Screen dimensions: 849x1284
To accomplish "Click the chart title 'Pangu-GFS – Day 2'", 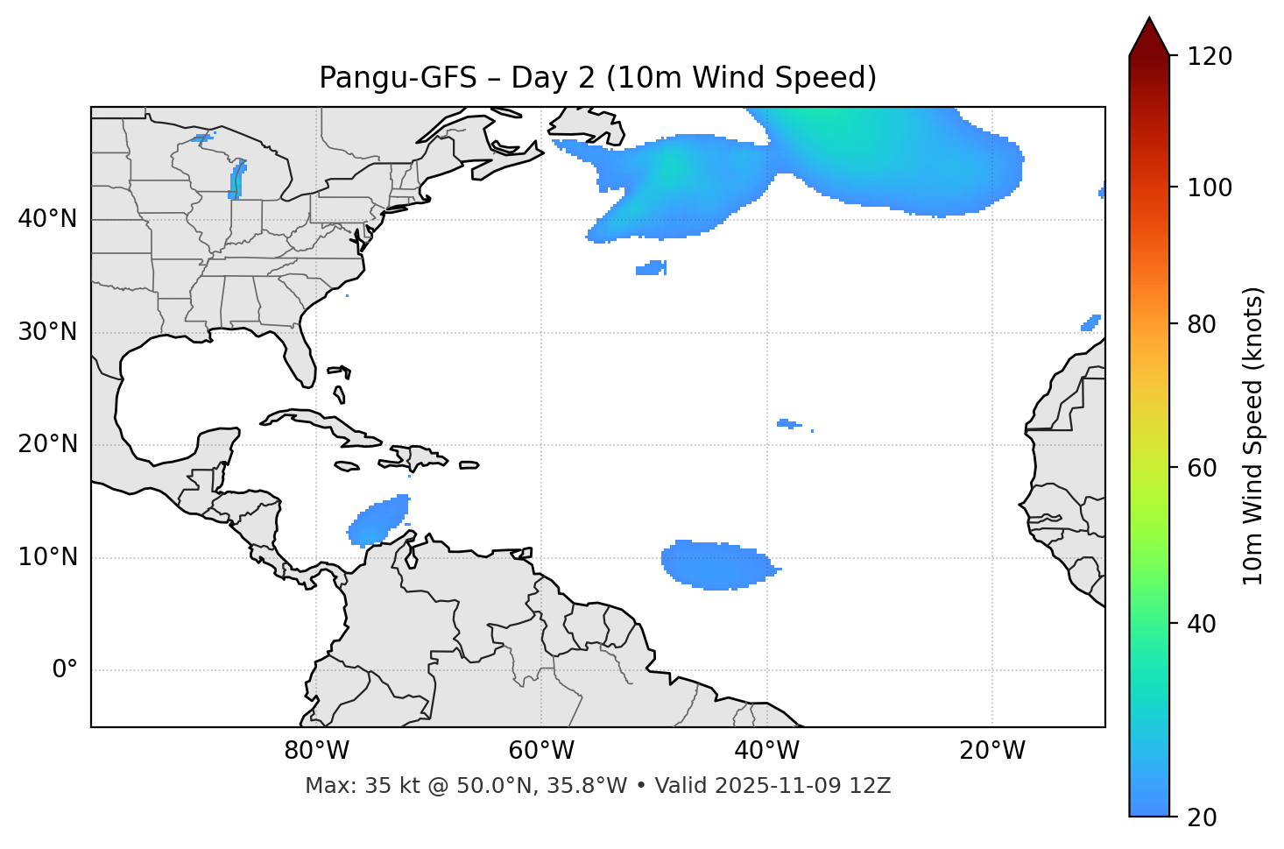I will coord(597,78).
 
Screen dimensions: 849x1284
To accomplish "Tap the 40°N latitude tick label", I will coord(47,219).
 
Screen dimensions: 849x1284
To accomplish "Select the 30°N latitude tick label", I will coord(47,332).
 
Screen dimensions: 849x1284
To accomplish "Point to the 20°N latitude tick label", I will coord(47,444).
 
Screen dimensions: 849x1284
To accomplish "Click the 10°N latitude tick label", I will coord(47,557).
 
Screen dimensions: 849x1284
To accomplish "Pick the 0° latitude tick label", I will coord(65,670).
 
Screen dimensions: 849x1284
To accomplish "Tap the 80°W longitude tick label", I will coord(316,751).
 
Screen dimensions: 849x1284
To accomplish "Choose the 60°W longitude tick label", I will coord(541,751).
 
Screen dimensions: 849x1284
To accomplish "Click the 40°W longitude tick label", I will coord(766,751).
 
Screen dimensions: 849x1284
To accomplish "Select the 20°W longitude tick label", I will coord(991,751).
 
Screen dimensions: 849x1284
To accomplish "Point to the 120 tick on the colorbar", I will coord(1210,57).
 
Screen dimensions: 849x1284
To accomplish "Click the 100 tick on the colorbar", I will coord(1210,187).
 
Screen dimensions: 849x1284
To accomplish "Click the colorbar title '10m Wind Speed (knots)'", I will coord(1253,435).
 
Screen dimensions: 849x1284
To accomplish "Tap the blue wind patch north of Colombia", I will coord(378,521).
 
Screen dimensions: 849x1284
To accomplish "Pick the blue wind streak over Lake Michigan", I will coord(236,180).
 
